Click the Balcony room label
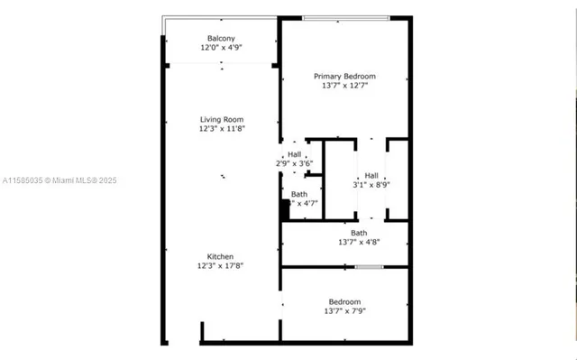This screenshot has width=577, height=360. tap(221, 38)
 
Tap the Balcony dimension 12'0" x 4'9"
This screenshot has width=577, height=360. tap(221, 48)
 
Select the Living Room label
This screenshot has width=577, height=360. tap(221, 119)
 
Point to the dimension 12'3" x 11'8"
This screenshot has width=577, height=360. tap(221, 129)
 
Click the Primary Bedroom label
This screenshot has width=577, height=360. tap(344, 77)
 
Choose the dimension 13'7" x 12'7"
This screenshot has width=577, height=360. tap(344, 87)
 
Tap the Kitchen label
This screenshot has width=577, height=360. tap(221, 256)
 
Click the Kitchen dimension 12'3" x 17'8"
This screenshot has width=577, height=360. tap(221, 266)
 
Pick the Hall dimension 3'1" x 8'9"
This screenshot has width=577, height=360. tap(371, 185)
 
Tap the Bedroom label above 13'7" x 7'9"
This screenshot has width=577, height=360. tap(344, 301)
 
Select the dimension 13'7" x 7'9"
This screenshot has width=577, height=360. tap(344, 311)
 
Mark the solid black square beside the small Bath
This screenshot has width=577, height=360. tap(284, 209)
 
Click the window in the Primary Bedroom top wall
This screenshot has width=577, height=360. tap(345, 18)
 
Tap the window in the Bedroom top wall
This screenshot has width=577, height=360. tap(369, 267)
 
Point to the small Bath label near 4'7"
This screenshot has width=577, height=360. tap(298, 194)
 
